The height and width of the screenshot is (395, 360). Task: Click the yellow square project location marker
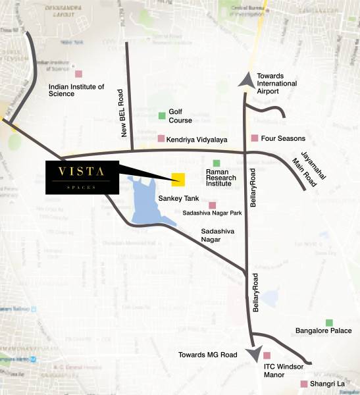pyautogui.click(x=178, y=179)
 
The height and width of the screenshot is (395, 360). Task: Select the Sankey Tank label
pyautogui.click(x=174, y=197)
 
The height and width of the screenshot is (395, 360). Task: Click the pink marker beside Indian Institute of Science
pyautogui.click(x=78, y=74)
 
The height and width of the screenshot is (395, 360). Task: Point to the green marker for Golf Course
pyautogui.click(x=161, y=116)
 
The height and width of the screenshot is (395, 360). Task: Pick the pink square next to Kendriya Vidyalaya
pyautogui.click(x=161, y=138)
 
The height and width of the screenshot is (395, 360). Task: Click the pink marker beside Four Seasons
pyautogui.click(x=255, y=138)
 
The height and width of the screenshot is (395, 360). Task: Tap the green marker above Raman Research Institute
pyautogui.click(x=216, y=163)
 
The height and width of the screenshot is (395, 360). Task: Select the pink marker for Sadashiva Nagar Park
pyautogui.click(x=212, y=205)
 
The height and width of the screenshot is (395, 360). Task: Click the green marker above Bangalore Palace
pyautogui.click(x=329, y=322)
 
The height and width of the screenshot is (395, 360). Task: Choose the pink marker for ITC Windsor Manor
pyautogui.click(x=267, y=355)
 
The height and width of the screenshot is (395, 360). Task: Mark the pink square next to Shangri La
pyautogui.click(x=303, y=384)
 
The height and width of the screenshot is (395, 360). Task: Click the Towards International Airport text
pyautogui.click(x=276, y=84)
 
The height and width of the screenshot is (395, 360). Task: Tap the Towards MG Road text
pyautogui.click(x=207, y=355)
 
